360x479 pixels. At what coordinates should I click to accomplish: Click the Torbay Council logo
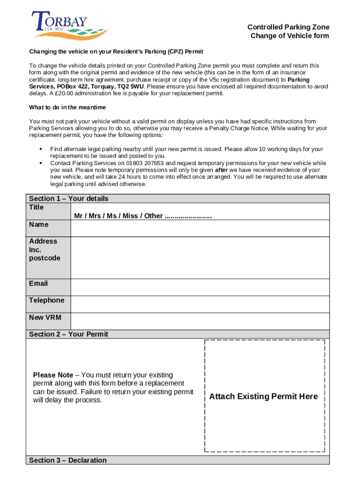[68, 26]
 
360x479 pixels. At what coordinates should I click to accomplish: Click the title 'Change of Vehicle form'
[289, 36]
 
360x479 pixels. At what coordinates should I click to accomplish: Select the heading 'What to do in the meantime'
[67, 108]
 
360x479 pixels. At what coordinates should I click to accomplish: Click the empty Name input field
[200, 228]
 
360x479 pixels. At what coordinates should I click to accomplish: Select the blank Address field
[200, 257]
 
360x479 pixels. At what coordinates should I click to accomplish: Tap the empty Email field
[200, 287]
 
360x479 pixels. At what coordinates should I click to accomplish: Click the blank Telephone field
[200, 304]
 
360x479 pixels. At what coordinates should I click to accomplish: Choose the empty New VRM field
[200, 321]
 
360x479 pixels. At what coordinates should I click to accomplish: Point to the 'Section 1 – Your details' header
[68, 199]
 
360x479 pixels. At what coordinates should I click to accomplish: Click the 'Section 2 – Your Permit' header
[68, 334]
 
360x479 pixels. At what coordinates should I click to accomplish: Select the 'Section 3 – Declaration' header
[68, 460]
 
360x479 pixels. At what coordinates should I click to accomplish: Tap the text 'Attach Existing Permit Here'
[263, 397]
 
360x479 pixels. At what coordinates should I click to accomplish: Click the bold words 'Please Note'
[53, 375]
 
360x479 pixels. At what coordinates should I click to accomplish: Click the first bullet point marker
[41, 149]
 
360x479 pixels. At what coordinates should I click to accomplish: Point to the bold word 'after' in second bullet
[221, 170]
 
